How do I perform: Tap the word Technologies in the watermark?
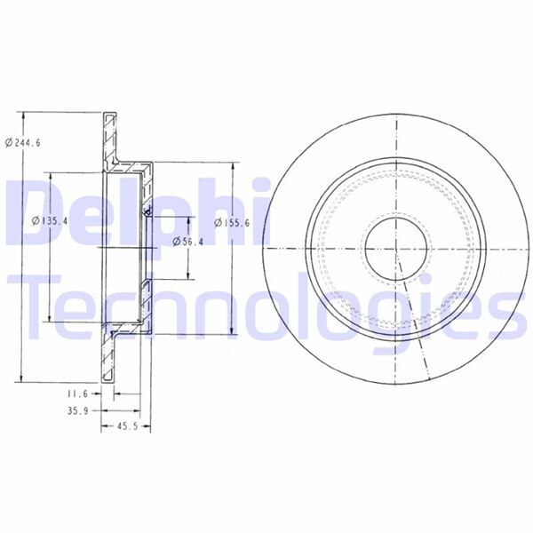pyautogui.click(x=266, y=306)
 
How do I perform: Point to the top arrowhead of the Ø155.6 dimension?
pyautogui.click(x=234, y=166)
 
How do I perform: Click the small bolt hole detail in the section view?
pyautogui.click(x=147, y=211)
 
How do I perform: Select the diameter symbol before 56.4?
pyautogui.click(x=176, y=240)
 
